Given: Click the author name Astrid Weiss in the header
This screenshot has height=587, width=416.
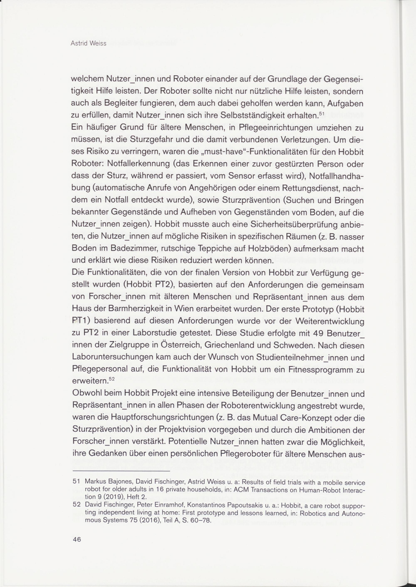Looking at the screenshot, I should pos(88,43).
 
